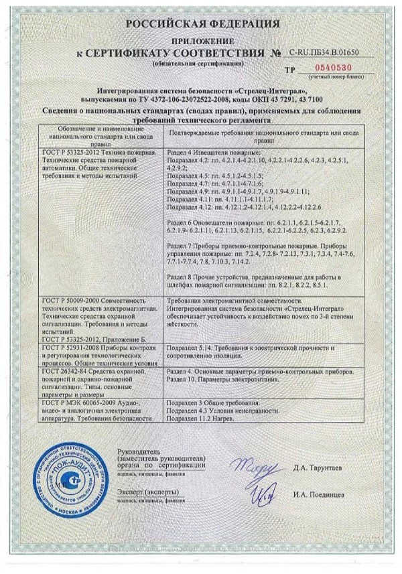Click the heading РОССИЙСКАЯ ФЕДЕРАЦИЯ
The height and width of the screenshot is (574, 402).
pyautogui.click(x=200, y=25)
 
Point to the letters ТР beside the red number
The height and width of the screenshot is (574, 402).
pyautogui.click(x=289, y=70)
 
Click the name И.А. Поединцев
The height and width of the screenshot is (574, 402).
pyautogui.click(x=314, y=495)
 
